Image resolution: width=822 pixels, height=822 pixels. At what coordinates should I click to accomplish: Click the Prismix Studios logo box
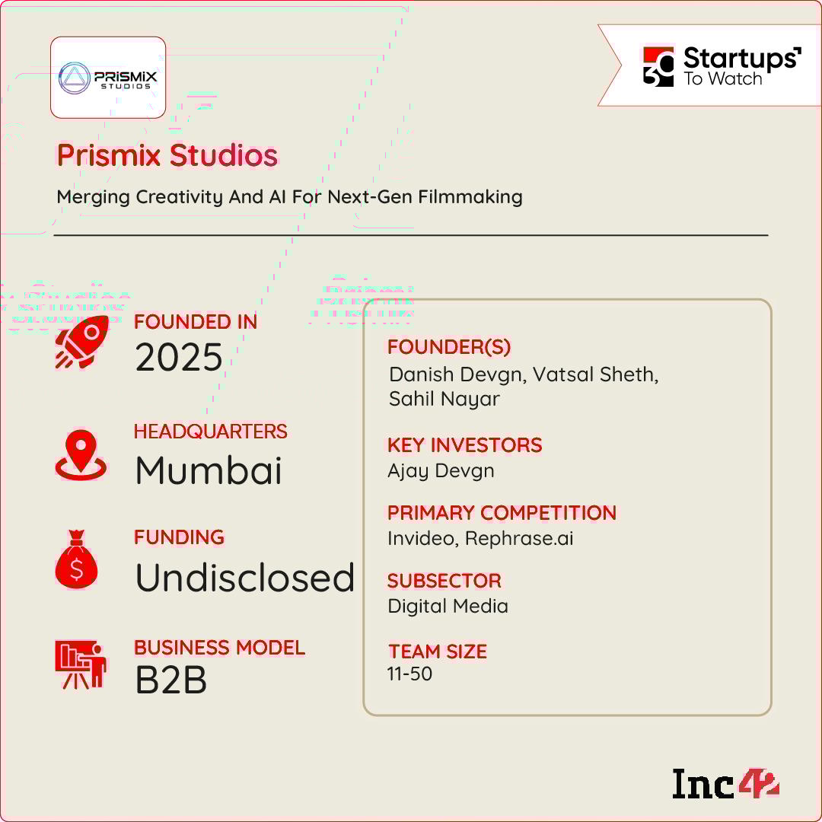(108, 78)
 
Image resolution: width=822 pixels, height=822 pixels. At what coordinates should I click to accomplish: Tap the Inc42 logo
(725, 784)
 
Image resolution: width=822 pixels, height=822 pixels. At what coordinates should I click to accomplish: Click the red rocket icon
(82, 342)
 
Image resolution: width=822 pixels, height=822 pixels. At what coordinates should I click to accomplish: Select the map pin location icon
(81, 455)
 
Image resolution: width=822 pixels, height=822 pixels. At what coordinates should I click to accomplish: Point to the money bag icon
(77, 559)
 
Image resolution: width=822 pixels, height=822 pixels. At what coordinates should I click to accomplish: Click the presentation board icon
(81, 664)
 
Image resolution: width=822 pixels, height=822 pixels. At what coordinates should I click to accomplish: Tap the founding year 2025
(179, 358)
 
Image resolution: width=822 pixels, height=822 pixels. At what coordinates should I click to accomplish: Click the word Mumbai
(209, 470)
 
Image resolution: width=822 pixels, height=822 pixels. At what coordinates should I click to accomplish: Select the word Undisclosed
(245, 577)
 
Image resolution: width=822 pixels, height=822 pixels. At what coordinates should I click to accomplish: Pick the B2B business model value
(171, 680)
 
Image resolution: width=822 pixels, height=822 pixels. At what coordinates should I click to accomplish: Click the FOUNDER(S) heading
(449, 346)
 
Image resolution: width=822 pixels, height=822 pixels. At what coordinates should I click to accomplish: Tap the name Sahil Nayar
(444, 399)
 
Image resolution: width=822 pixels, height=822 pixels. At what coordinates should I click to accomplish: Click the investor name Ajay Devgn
(441, 471)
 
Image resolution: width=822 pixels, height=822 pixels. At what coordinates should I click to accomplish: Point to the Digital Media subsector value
(448, 606)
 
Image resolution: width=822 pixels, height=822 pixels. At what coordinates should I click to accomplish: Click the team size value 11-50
(409, 674)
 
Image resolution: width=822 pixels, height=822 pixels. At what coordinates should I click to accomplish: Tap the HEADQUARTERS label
(210, 432)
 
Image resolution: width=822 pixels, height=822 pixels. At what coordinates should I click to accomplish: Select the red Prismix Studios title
(167, 155)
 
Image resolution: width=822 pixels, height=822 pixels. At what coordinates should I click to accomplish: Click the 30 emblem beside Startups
(658, 66)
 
